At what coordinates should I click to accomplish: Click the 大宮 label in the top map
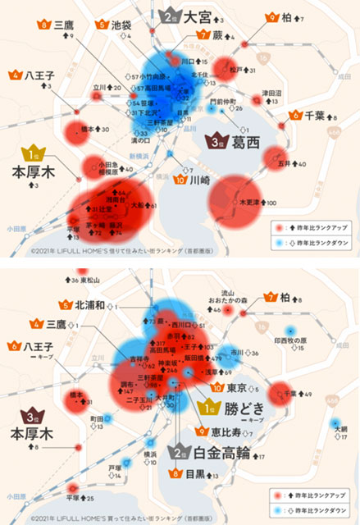click(x=199, y=16)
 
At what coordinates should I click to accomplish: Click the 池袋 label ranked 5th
click(x=121, y=25)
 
